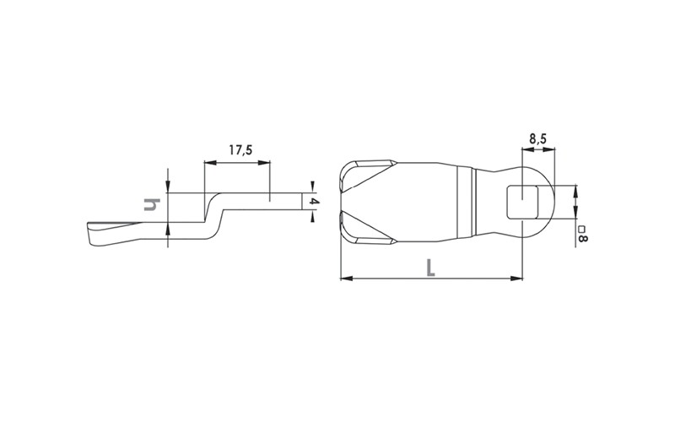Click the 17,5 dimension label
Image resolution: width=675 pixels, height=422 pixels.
tap(240, 150)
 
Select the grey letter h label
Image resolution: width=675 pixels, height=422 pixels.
tap(151, 204)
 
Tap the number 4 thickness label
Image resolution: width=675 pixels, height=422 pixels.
tap(314, 202)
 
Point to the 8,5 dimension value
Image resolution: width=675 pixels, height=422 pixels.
tap(537, 138)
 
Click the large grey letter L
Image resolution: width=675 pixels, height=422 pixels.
tap(430, 268)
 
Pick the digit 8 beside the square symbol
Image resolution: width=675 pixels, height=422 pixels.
tap(582, 237)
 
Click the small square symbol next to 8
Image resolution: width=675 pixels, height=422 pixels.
tap(581, 229)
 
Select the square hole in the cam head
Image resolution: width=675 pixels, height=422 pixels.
tap(521, 202)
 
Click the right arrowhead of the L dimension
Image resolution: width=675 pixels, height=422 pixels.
tap(516, 279)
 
